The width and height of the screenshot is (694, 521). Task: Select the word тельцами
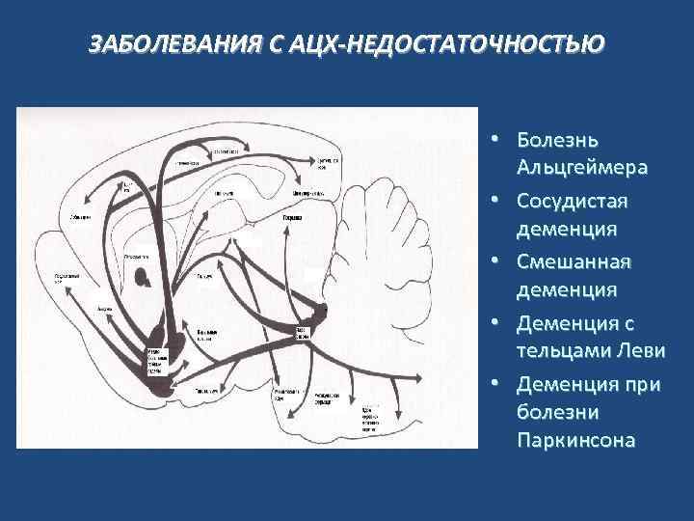pyautogui.click(x=563, y=351)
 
